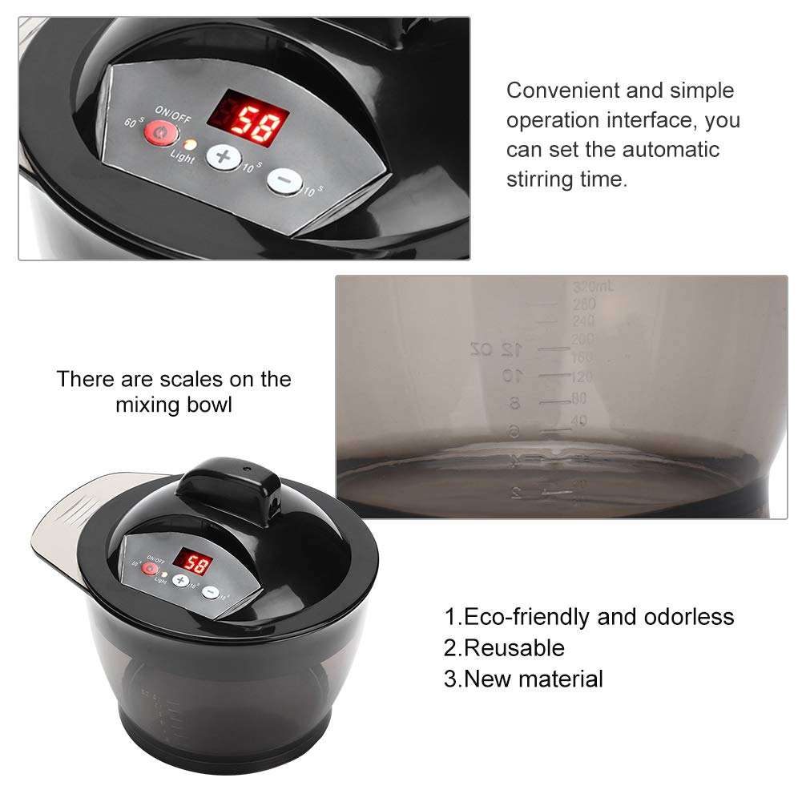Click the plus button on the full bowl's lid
(x=181, y=580)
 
